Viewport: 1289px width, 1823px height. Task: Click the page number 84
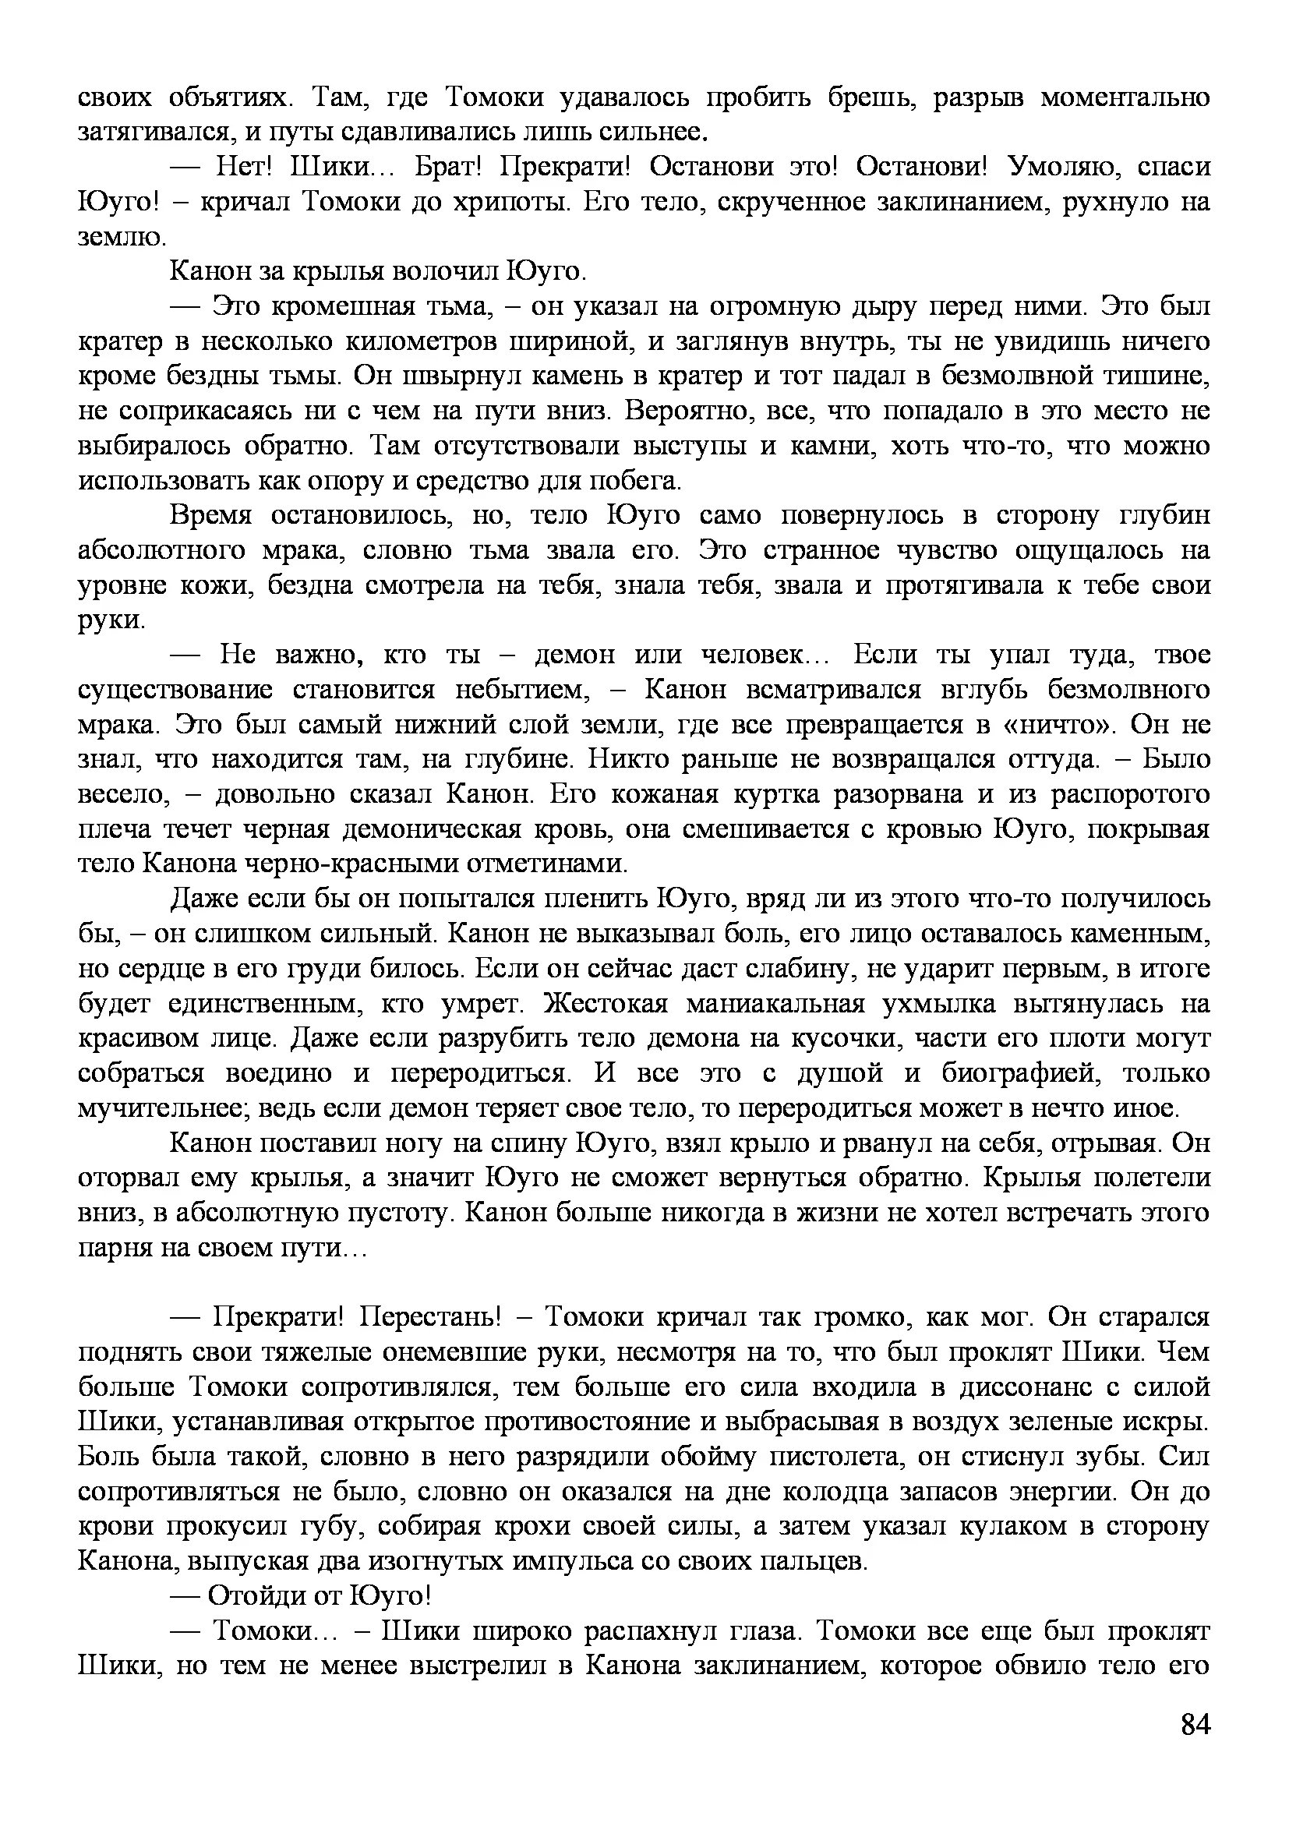pyautogui.click(x=1195, y=1746)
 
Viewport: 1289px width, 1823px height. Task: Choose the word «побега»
pyautogui.click(x=636, y=481)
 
